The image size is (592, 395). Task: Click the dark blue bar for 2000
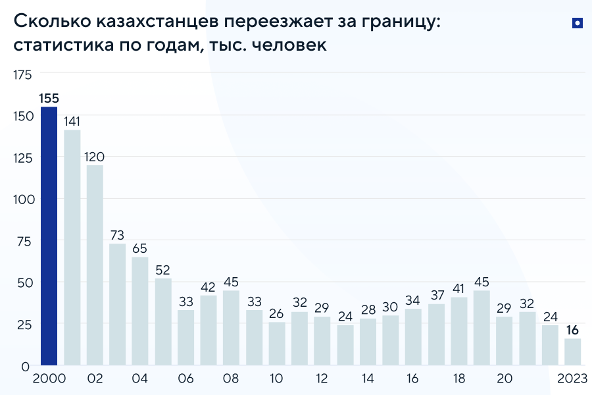(x=49, y=236)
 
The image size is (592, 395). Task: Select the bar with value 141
(x=72, y=247)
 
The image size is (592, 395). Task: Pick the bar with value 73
(x=118, y=303)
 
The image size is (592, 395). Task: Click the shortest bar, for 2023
(x=573, y=352)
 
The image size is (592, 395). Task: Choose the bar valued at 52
(x=163, y=321)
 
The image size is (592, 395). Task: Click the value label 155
(x=49, y=99)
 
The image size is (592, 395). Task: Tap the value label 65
(x=140, y=248)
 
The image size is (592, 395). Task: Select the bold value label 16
(x=573, y=330)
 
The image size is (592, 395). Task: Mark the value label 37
(x=436, y=295)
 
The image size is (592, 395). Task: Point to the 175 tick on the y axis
(x=22, y=74)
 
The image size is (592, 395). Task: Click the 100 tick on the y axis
(x=22, y=199)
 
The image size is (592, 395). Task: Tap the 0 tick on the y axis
(x=25, y=365)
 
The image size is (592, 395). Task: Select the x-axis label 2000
(x=49, y=379)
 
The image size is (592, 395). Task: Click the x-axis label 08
(x=231, y=379)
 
